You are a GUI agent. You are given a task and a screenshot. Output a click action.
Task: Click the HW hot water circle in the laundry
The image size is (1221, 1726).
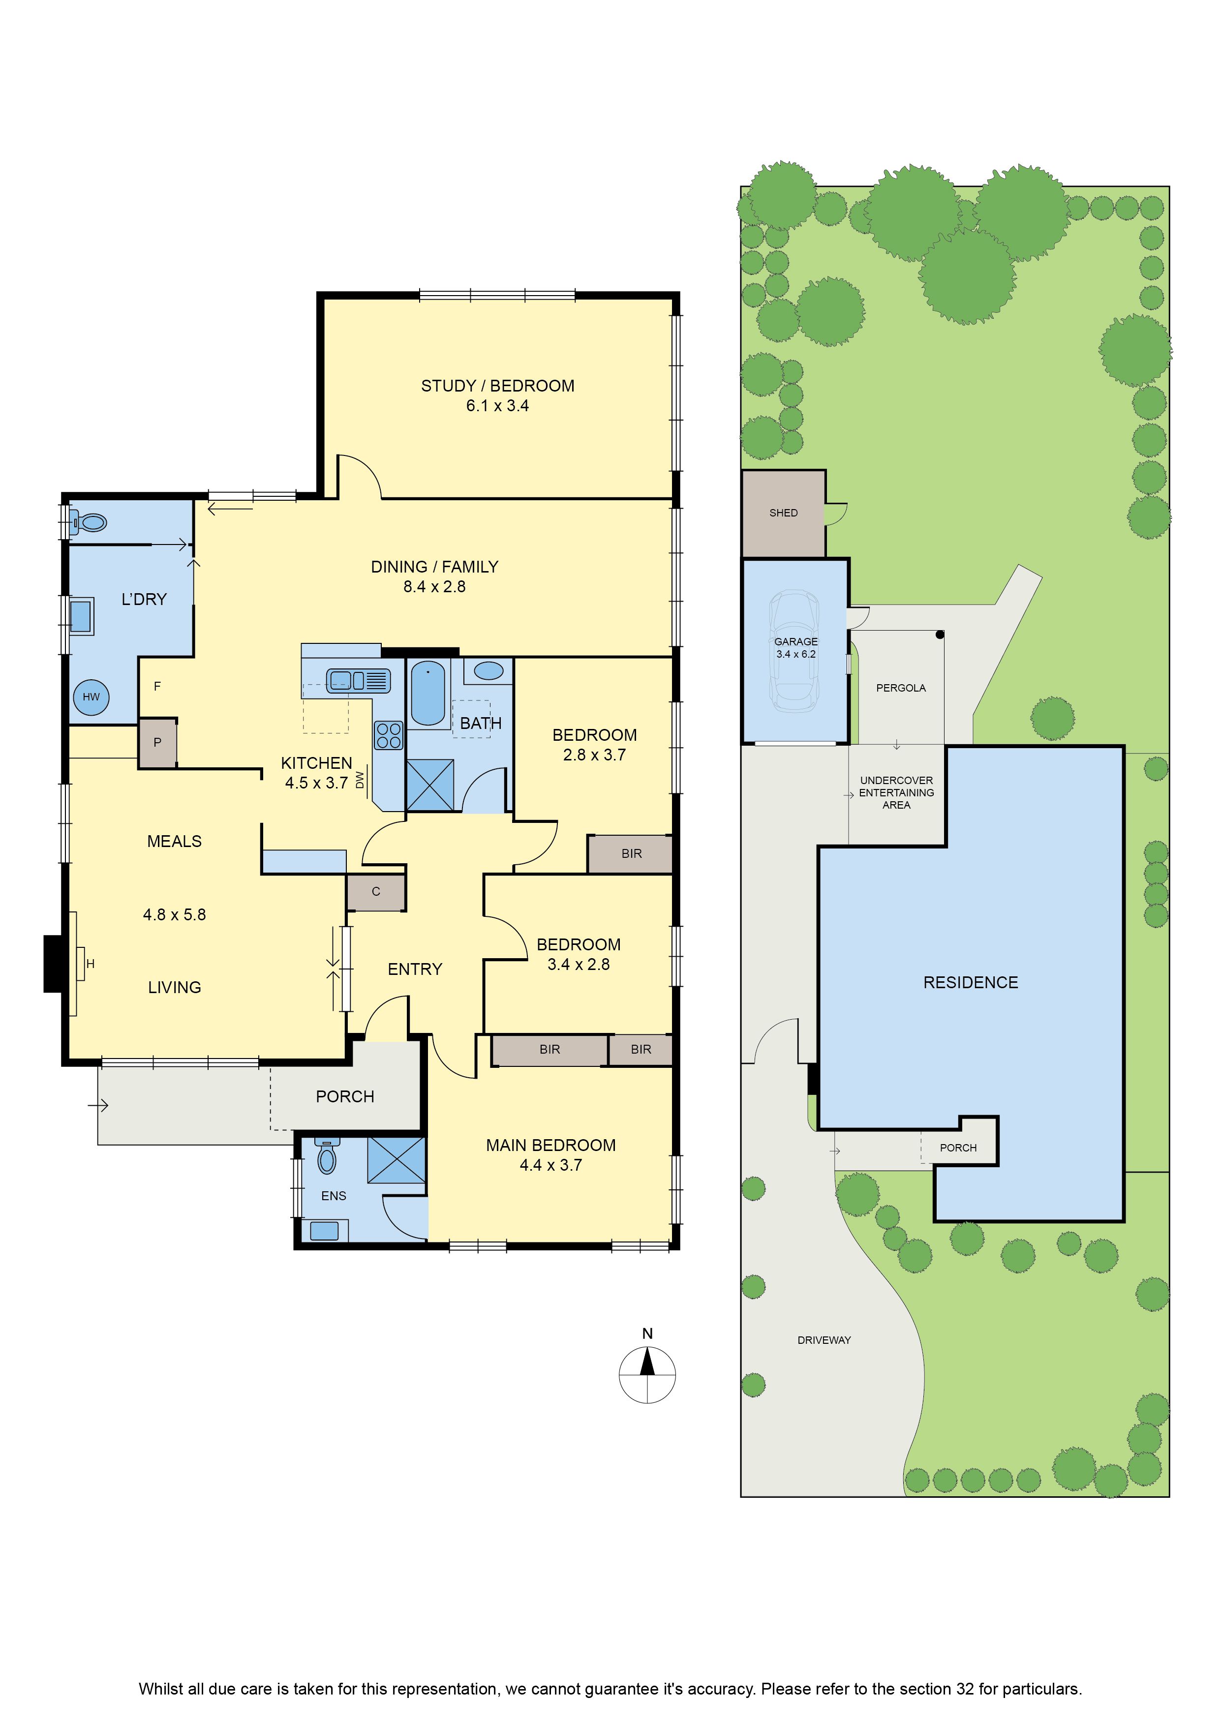point(91,697)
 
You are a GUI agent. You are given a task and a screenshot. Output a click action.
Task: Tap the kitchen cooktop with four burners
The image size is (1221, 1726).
point(389,735)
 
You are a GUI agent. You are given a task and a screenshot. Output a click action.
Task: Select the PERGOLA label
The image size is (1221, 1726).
point(901,688)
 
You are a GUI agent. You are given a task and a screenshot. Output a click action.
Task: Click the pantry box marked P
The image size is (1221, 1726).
point(157,743)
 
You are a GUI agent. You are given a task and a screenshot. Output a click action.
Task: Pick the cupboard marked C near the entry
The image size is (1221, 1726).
point(376,892)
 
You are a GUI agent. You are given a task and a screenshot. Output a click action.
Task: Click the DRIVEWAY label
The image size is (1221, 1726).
point(824,1339)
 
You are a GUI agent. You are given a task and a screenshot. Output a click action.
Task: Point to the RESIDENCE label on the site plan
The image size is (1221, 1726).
point(971,983)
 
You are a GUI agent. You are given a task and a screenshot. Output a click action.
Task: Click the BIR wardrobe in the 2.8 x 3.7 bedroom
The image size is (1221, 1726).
point(630,853)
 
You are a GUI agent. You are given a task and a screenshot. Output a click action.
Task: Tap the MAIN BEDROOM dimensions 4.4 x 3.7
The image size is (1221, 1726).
point(550,1165)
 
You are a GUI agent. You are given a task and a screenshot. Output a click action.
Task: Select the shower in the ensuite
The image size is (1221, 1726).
point(396,1160)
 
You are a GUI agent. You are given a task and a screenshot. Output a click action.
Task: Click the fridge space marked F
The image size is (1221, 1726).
point(157,686)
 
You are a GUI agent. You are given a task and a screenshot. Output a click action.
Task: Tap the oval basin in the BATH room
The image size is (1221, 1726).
point(488,670)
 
